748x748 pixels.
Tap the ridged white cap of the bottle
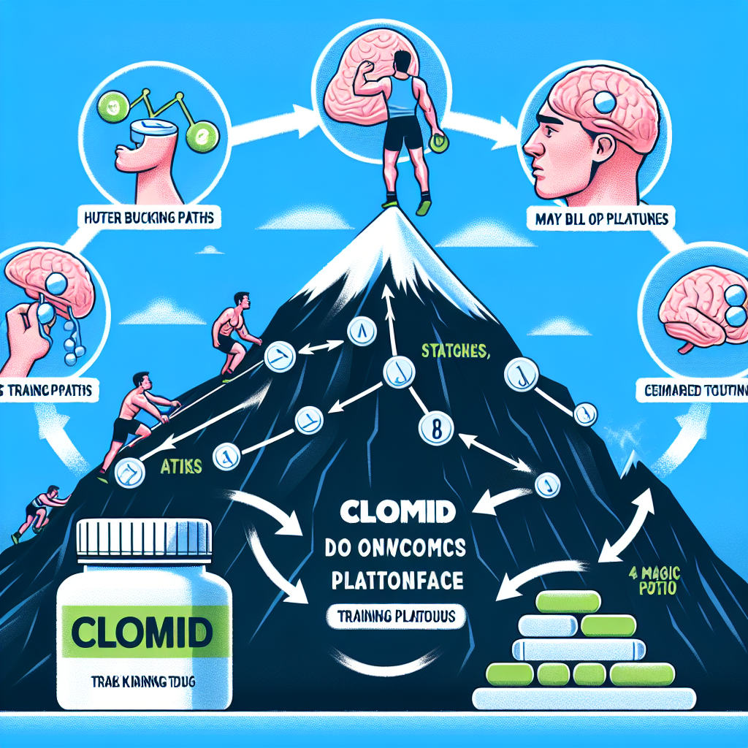(143, 538)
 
